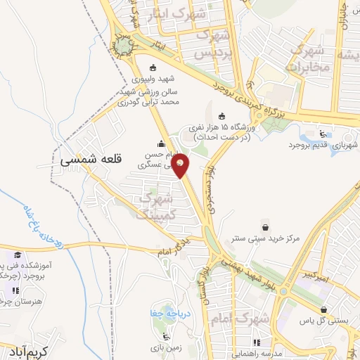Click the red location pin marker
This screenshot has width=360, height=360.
(181, 165)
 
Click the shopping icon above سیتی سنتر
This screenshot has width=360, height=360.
(266, 226)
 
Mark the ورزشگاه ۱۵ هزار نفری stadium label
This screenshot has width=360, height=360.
(224, 132)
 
